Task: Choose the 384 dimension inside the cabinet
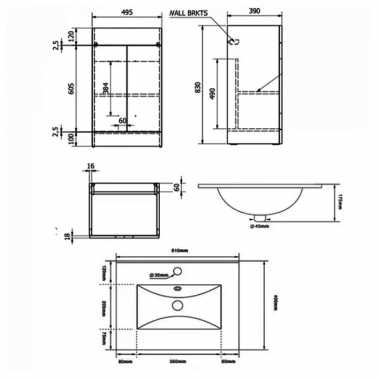tap(105, 87)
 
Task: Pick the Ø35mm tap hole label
tap(158, 274)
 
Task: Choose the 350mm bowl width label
tap(179, 362)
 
